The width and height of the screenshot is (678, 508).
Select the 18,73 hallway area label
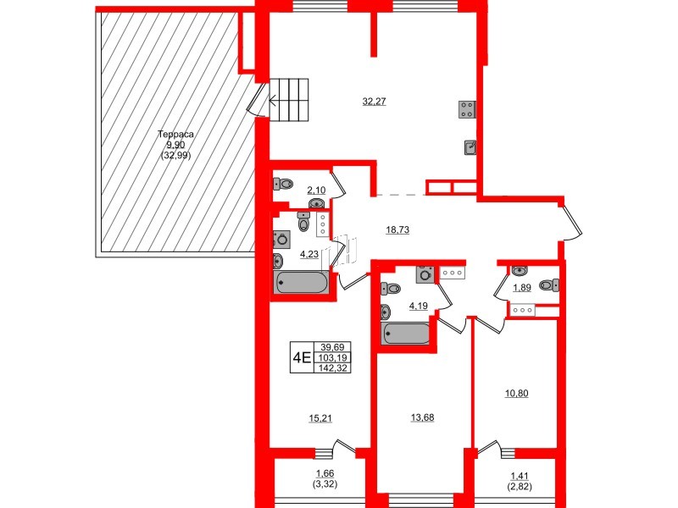(x=374, y=229)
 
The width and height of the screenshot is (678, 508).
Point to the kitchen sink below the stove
(x=470, y=147)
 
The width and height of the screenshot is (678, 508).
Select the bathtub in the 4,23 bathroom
(x=302, y=284)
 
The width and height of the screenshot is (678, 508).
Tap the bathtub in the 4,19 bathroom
(x=407, y=333)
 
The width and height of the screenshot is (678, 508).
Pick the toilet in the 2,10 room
(x=283, y=182)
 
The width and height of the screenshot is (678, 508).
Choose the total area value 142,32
(x=336, y=368)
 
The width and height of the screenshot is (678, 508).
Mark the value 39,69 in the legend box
(x=336, y=346)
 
